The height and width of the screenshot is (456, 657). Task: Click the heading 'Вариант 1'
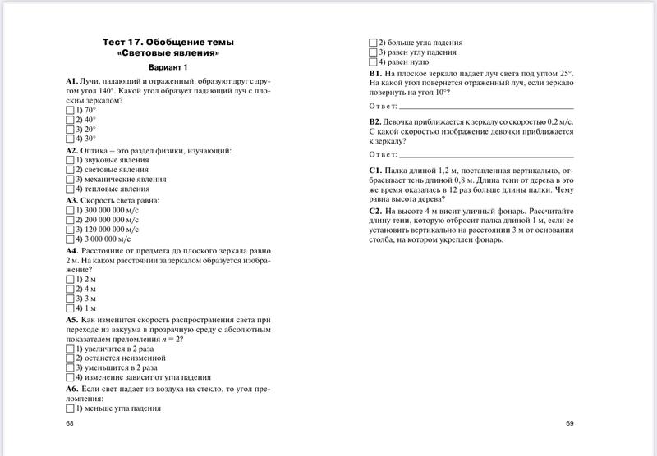168,67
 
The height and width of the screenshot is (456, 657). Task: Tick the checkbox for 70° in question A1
69,109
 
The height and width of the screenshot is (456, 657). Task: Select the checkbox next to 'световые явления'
69,170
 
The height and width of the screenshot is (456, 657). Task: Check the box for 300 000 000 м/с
69,210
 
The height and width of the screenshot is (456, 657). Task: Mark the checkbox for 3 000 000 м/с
69,239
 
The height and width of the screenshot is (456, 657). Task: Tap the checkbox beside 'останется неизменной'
69,359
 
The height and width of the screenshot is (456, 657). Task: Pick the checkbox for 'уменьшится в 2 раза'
69,369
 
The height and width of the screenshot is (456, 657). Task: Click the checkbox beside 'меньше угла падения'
69,408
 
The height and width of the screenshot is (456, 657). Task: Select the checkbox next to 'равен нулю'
373,62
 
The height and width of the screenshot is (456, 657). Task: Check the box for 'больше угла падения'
373,43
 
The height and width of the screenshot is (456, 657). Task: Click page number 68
69,423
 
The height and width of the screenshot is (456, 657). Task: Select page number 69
570,423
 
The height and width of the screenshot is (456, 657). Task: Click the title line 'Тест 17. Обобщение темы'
168,41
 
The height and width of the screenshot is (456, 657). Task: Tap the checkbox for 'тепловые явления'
69,189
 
